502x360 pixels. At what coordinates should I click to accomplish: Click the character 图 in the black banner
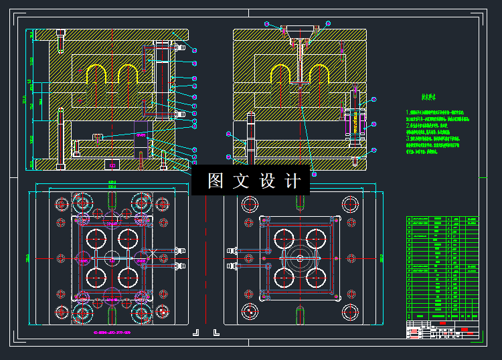[x=215, y=181]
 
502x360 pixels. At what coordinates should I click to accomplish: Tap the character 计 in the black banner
[x=293, y=181]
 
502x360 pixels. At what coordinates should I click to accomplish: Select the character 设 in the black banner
[x=267, y=181]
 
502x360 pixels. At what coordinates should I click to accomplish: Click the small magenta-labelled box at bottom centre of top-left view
[x=111, y=165]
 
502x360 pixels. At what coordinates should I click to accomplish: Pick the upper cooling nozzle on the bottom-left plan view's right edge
[x=179, y=252]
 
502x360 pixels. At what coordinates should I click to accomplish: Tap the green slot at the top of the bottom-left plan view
[x=111, y=199]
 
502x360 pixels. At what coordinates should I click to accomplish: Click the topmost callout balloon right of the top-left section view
[x=194, y=50]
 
